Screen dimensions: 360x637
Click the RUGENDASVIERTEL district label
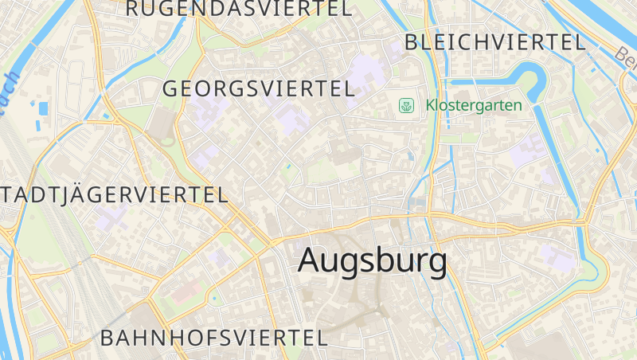click(x=238, y=9)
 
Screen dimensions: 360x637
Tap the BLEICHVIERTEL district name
click(x=494, y=43)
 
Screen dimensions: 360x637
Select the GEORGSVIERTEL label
click(x=258, y=89)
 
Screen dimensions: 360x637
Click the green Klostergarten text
click(x=474, y=105)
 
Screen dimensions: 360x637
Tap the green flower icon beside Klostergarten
click(x=406, y=105)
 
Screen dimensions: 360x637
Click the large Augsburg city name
click(x=372, y=260)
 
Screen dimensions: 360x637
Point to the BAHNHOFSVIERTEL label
click(x=213, y=337)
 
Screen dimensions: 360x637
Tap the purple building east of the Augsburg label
click(x=557, y=257)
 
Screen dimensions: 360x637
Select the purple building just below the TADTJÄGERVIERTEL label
click(x=112, y=217)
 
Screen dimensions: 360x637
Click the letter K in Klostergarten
click(x=431, y=105)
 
